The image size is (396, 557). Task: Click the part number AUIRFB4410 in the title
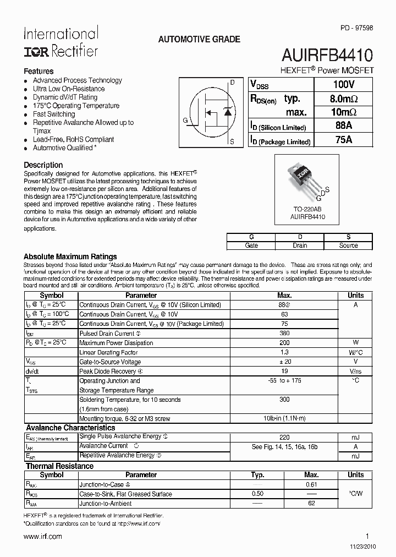pyautogui.click(x=328, y=54)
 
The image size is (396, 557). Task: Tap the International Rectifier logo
pyautogui.click(x=61, y=42)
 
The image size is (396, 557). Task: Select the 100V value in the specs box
pyautogui.click(x=343, y=85)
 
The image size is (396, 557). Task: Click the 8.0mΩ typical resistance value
pyautogui.click(x=343, y=99)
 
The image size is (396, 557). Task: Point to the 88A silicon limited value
pyautogui.click(x=343, y=126)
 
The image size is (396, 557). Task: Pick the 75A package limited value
pyautogui.click(x=343, y=140)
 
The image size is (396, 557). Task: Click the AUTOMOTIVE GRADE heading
pyautogui.click(x=199, y=40)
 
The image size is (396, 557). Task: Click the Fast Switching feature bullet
pyautogui.click(x=54, y=114)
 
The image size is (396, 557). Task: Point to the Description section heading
pyautogui.click(x=43, y=165)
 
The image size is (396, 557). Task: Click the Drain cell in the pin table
pyautogui.click(x=300, y=245)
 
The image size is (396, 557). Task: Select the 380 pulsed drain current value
pyautogui.click(x=284, y=334)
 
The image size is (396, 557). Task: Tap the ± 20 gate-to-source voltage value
pyautogui.click(x=284, y=362)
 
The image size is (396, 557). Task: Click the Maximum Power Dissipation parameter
pyautogui.click(x=116, y=343)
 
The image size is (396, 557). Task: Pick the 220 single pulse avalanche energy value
pyautogui.click(x=284, y=437)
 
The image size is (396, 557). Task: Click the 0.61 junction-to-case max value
pyautogui.click(x=311, y=484)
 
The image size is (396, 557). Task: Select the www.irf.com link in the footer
pyautogui.click(x=43, y=536)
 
